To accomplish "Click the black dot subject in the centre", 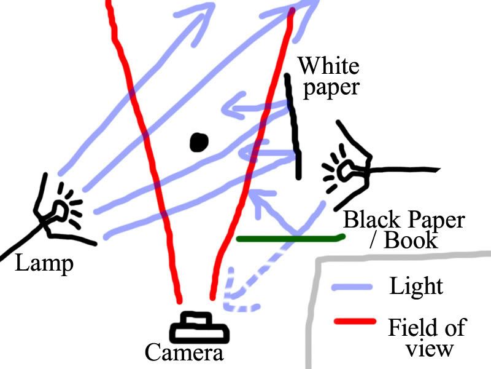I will point(198,142).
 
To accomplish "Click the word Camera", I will point(184,354).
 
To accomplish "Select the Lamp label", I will point(44,264).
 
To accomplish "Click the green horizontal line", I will point(288,237).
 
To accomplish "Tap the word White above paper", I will point(328,65).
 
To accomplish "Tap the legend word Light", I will point(416,286).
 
